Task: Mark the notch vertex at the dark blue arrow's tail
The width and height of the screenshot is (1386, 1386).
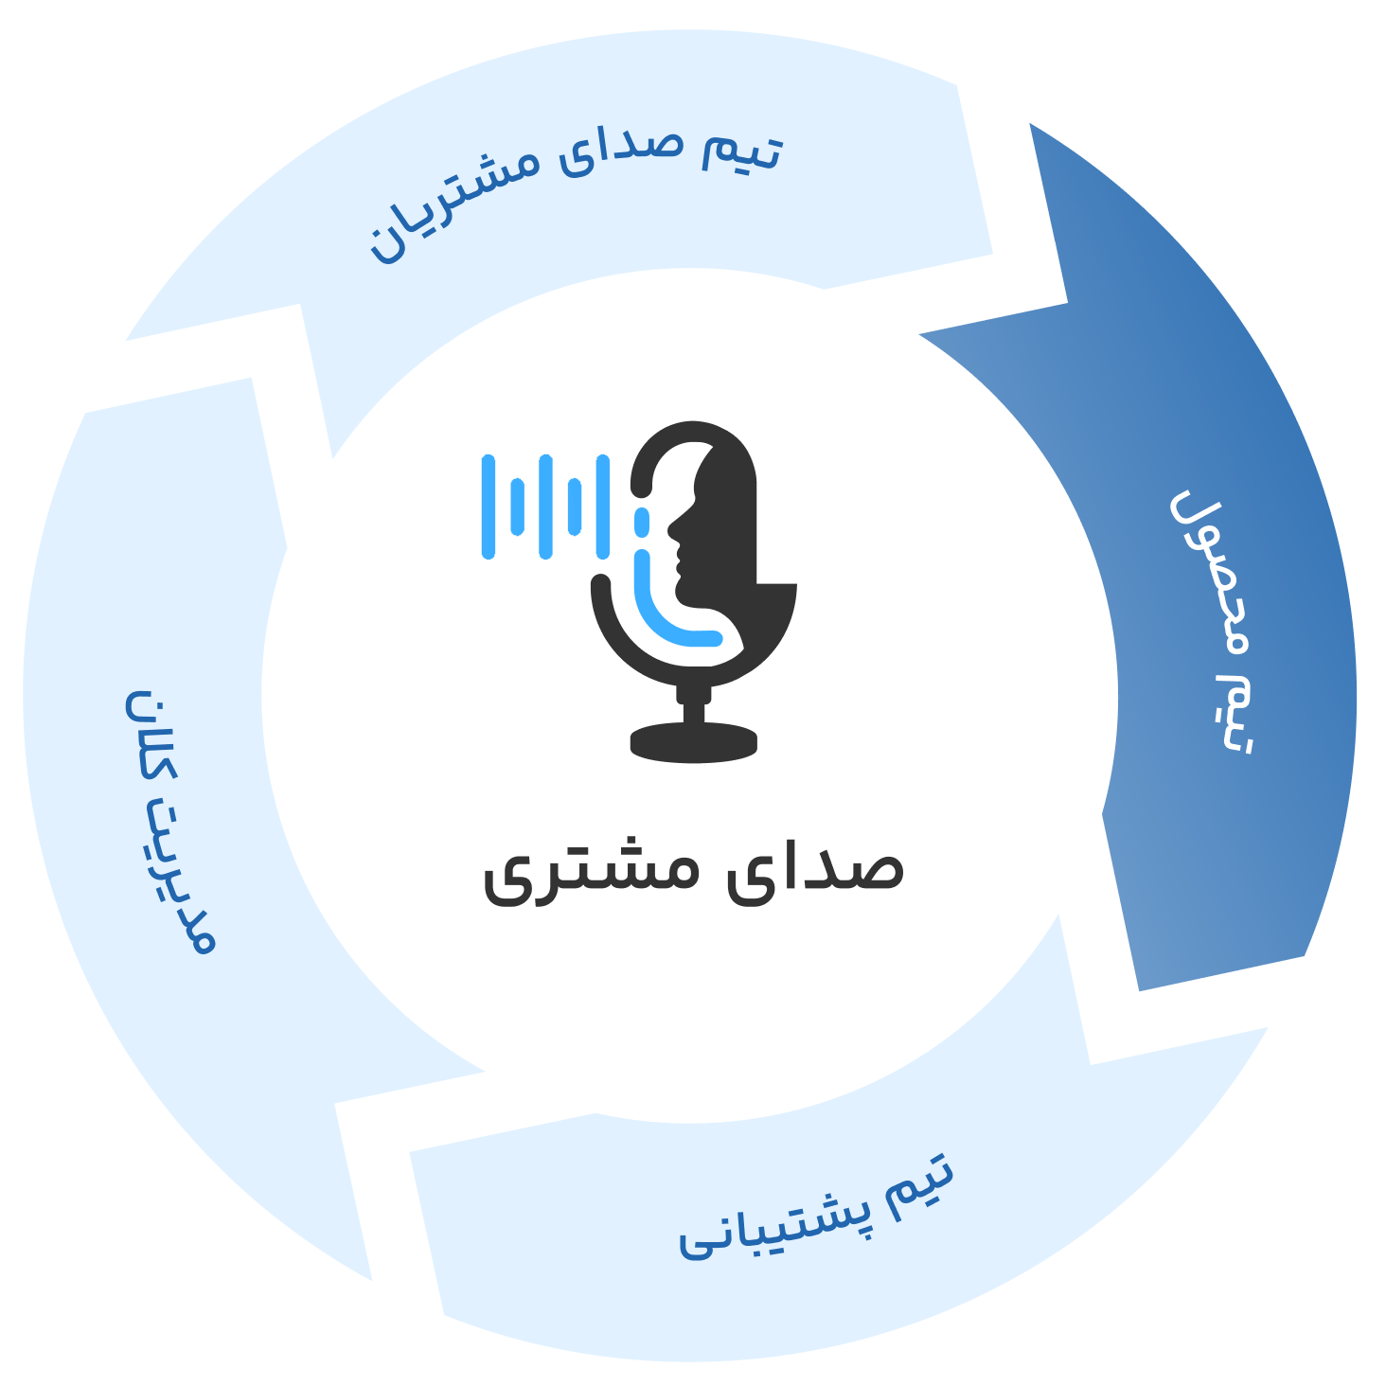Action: point(1067,303)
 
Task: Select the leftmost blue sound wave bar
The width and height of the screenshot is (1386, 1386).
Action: point(489,506)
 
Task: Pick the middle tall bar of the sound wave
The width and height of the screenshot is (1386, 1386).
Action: point(545,506)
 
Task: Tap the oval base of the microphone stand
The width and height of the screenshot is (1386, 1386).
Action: point(693,742)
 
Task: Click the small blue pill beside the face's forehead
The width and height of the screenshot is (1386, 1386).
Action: point(642,523)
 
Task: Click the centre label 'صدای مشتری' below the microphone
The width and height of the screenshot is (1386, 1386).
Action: point(693,871)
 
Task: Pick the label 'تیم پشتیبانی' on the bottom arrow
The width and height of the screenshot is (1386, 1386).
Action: point(816,1217)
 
